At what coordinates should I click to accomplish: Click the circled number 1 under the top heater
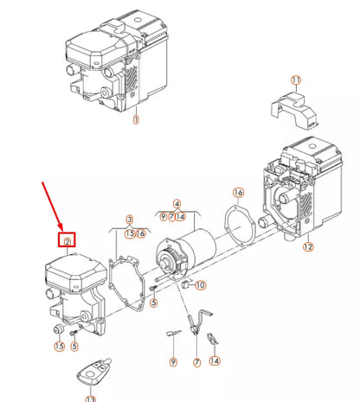click(136, 122)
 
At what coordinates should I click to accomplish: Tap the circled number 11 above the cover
click(296, 81)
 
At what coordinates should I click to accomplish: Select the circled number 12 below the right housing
click(307, 247)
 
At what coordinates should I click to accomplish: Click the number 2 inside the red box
click(66, 240)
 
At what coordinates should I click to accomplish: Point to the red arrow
click(54, 207)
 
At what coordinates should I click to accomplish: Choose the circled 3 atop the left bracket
click(130, 220)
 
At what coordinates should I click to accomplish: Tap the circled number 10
click(199, 285)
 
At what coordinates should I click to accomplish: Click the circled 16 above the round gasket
click(239, 191)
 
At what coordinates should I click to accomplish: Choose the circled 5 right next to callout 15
click(74, 347)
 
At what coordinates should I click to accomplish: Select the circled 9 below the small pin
click(172, 361)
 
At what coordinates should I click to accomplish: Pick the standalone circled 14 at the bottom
click(214, 361)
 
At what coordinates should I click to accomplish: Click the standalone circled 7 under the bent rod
click(196, 361)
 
